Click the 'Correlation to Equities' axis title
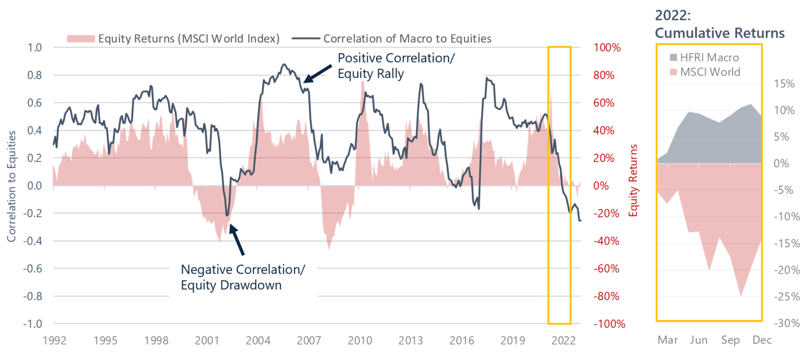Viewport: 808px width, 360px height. click(x=11, y=186)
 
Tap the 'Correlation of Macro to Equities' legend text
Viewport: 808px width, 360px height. click(x=407, y=38)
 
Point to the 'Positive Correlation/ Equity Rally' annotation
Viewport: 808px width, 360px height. click(x=396, y=66)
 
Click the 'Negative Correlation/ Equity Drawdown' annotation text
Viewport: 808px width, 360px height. click(x=243, y=277)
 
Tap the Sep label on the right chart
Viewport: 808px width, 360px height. click(x=730, y=340)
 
